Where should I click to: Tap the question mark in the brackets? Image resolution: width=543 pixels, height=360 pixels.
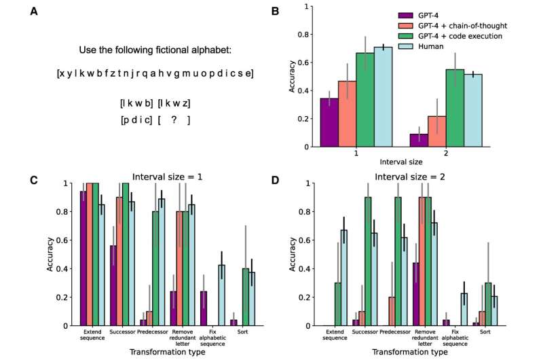click(174, 120)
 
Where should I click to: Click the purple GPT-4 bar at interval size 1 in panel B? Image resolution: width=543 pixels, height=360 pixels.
click(329, 122)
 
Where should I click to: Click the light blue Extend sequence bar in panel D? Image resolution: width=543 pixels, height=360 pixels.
click(345, 277)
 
